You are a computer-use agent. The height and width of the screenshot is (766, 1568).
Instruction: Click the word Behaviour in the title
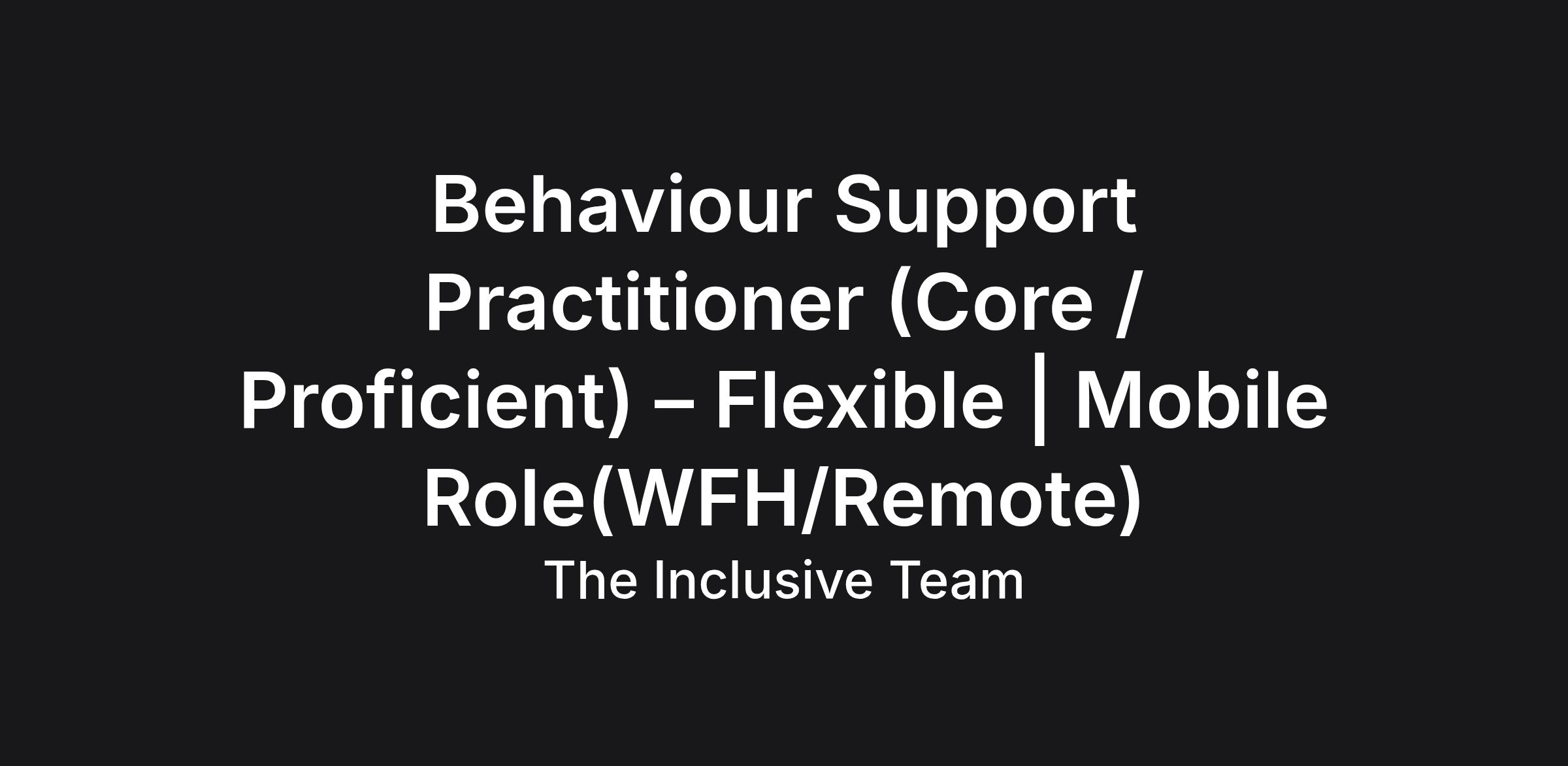[621, 204]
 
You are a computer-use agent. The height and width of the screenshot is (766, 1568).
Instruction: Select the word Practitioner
[644, 302]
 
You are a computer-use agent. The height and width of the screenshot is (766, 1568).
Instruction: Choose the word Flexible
[860, 400]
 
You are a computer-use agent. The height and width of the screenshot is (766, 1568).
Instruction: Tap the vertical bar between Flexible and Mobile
[1039, 405]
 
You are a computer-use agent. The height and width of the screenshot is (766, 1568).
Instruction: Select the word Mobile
[1201, 400]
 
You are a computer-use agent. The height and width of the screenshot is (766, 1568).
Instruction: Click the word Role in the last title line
[504, 498]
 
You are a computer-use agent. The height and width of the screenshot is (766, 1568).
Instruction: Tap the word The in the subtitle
[591, 580]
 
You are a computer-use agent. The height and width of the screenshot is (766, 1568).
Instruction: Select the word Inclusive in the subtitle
[763, 580]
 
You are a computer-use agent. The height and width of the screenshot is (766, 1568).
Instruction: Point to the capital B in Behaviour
[455, 204]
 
